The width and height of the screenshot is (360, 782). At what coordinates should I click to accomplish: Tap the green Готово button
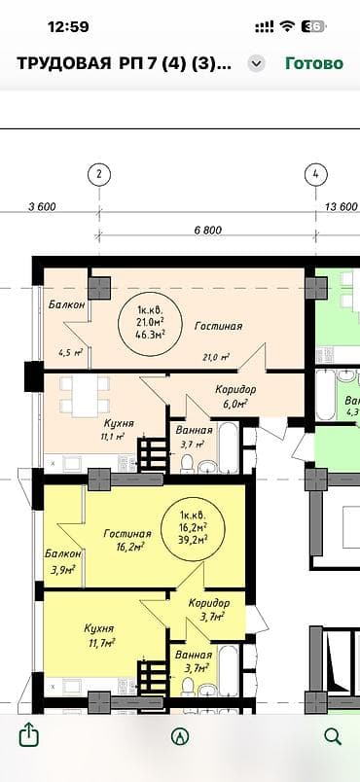pos(313,63)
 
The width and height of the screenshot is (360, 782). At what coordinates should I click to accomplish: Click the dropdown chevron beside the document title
pos(256,63)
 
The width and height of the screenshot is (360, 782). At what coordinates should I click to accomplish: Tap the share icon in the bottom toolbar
pos(28,735)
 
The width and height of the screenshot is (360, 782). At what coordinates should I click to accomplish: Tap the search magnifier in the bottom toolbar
pos(332,735)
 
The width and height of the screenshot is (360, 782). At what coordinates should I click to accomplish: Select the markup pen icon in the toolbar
pos(180,736)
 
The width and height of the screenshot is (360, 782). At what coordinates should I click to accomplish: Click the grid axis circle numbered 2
pos(98,175)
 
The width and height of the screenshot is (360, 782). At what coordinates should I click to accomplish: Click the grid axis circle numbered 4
pos(314,175)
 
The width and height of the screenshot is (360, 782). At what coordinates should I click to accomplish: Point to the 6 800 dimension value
pos(208,231)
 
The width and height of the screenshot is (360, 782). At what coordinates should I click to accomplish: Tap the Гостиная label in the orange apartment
pos(217,327)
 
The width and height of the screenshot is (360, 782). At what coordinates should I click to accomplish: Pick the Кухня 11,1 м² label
pos(119,429)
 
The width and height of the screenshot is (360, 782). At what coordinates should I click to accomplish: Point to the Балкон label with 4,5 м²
pos(67,305)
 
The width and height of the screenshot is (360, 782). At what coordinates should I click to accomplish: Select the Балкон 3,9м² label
pos(63,560)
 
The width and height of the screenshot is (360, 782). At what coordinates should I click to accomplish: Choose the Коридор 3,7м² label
pos(209,609)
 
